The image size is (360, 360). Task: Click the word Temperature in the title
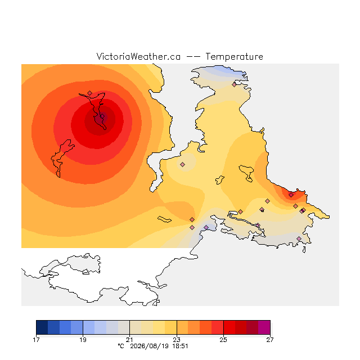coord(234,57)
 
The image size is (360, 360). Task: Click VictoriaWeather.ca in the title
coord(138,57)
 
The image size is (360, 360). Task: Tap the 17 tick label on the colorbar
coord(36,340)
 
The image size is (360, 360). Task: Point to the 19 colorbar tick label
coord(83,340)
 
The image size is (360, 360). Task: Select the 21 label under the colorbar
coord(130,340)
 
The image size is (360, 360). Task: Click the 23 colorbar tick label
coord(177,340)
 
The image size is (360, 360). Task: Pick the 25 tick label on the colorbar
coord(223,340)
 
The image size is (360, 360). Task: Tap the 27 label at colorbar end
coord(270,340)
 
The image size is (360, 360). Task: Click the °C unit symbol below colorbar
coord(121,346)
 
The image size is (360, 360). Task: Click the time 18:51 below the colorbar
coord(180,346)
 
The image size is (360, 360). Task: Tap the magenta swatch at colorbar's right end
coord(264,327)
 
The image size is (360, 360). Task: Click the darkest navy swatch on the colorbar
coord(42,327)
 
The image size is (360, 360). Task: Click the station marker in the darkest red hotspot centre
coord(102,116)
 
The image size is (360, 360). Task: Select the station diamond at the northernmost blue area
coord(234,85)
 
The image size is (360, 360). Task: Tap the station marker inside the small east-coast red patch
coord(291,195)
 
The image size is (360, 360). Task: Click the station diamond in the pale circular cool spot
coord(182,164)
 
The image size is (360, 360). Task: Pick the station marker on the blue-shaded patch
coord(206,227)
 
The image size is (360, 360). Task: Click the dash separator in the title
coord(193,57)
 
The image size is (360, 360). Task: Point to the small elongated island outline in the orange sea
coord(164,219)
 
